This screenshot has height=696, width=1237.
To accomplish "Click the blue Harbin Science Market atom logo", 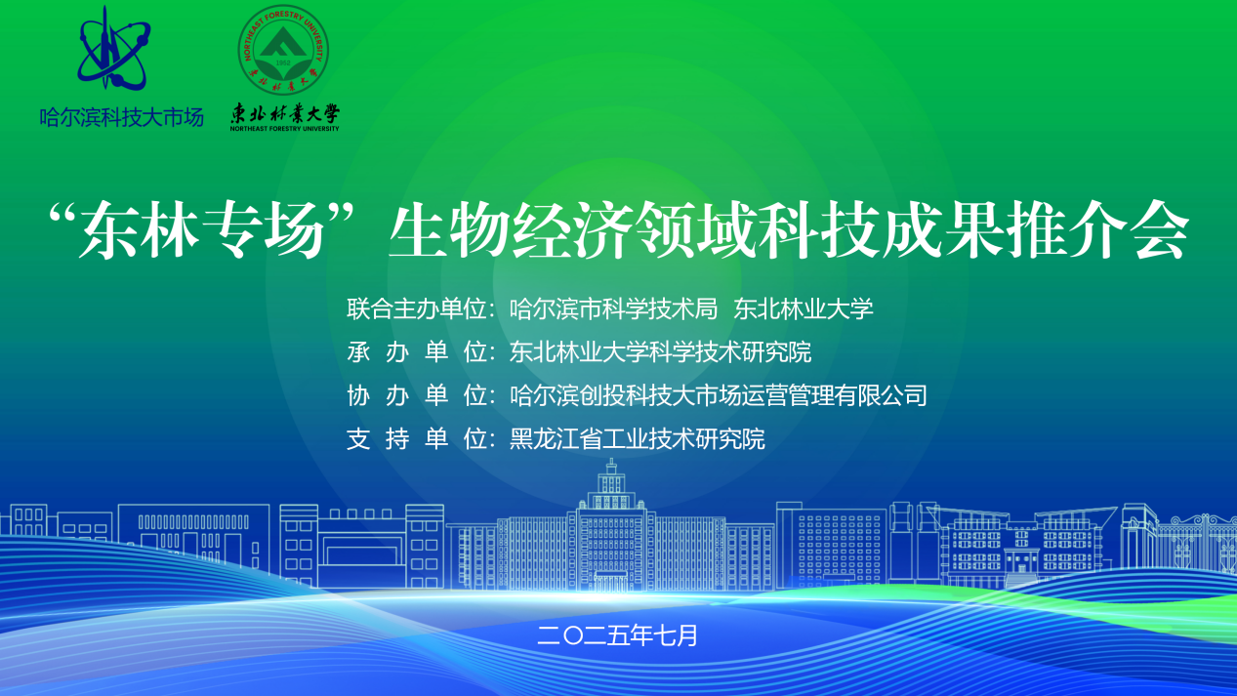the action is [114, 50].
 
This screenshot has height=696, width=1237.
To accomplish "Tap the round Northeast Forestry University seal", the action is [283, 50].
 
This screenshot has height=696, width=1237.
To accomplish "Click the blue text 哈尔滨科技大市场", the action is [121, 117].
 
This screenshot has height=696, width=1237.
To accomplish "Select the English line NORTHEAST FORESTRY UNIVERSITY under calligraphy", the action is [284, 129].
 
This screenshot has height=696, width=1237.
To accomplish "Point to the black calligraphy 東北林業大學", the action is [284, 113].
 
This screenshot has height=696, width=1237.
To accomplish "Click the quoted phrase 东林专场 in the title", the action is [201, 229].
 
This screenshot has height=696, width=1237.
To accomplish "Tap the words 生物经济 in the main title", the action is [511, 229].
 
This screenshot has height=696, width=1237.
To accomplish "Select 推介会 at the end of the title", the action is [1095, 229].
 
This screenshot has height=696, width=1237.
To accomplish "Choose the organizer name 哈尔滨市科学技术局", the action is [613, 308].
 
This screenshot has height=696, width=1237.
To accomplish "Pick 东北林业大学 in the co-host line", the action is [803, 308].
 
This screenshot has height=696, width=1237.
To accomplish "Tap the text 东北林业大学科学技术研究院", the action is [660, 352].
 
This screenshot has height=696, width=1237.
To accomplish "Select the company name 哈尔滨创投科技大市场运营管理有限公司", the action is [718, 395].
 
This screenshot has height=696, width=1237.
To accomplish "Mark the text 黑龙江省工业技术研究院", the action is [637, 439].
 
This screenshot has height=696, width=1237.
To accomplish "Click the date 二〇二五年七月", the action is [617, 635].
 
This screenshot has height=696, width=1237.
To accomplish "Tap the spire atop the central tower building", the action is [611, 467].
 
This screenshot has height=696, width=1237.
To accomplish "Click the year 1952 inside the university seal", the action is [283, 62].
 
